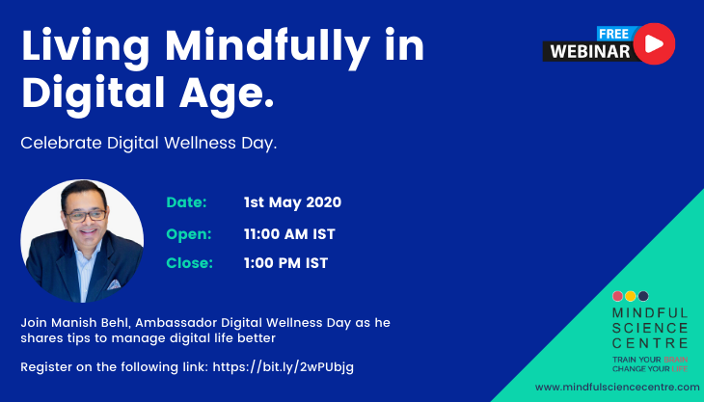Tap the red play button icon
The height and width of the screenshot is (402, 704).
tap(654, 43)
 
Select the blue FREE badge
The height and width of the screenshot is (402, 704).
tap(614, 34)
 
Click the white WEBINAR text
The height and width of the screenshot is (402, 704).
tap(590, 52)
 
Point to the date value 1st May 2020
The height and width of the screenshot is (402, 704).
tap(292, 202)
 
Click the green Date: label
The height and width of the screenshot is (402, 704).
tap(186, 202)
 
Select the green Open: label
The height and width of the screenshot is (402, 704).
tap(189, 234)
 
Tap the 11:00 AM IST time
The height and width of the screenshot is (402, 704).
tap(289, 234)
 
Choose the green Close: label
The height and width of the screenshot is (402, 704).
tap(189, 263)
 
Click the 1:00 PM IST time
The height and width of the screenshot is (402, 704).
tap(285, 263)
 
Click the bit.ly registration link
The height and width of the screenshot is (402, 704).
tap(283, 367)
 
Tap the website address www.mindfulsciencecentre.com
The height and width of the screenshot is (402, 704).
tap(617, 387)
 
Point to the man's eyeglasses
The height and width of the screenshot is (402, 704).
tap(85, 216)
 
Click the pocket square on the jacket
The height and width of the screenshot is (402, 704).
tap(114, 284)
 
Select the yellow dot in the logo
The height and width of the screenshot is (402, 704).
tap(631, 296)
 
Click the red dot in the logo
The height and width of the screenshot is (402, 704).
tap(618, 296)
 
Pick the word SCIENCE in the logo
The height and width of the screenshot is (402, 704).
tap(650, 328)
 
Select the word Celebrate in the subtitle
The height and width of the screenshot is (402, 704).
tap(61, 143)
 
